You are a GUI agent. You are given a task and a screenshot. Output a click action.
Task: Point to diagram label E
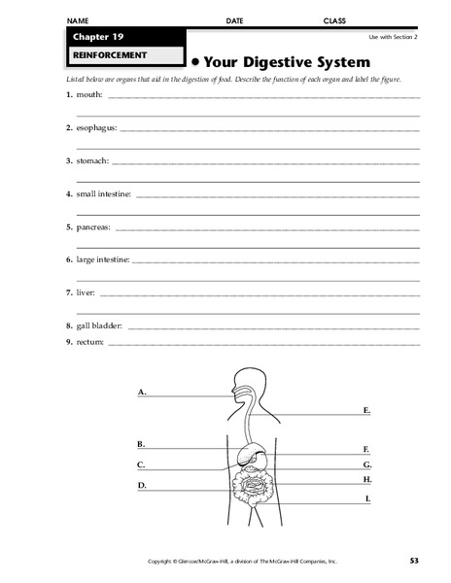pos(366,411)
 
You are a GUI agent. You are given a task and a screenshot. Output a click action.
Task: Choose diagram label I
pos(367,498)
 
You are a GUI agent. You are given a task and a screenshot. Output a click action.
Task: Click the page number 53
pos(414,561)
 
